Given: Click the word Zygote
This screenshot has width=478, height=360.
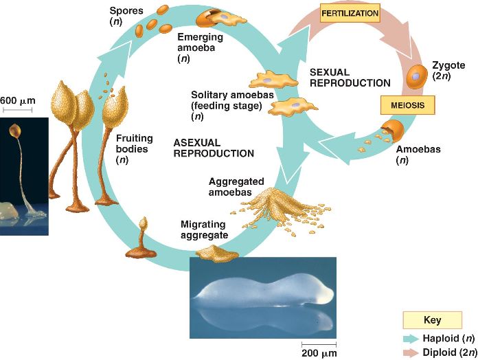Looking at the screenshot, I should (x=448, y=65).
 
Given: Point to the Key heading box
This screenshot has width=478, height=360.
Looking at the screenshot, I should (x=433, y=320).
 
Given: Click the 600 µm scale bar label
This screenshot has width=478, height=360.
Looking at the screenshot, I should (x=17, y=101).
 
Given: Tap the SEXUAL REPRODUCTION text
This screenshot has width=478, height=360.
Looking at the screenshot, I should (x=350, y=77).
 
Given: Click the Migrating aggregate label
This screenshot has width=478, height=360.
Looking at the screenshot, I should (x=204, y=229).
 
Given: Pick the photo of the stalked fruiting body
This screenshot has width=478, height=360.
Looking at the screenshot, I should (x=24, y=176).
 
